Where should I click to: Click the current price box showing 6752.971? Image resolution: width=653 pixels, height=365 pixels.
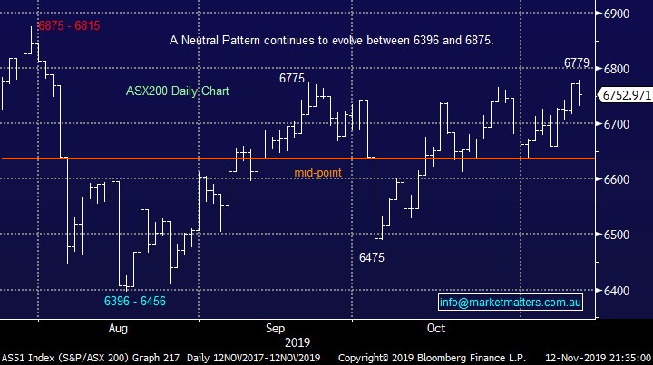627,95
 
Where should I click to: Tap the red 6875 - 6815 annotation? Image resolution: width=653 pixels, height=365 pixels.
67,26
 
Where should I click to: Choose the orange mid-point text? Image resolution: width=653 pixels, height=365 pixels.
317,172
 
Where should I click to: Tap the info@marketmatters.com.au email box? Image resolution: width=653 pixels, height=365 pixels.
510,302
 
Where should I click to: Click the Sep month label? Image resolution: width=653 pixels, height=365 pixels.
276,327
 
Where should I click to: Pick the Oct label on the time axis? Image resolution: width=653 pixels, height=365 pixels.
435,327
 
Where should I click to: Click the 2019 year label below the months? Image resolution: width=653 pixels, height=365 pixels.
297,342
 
